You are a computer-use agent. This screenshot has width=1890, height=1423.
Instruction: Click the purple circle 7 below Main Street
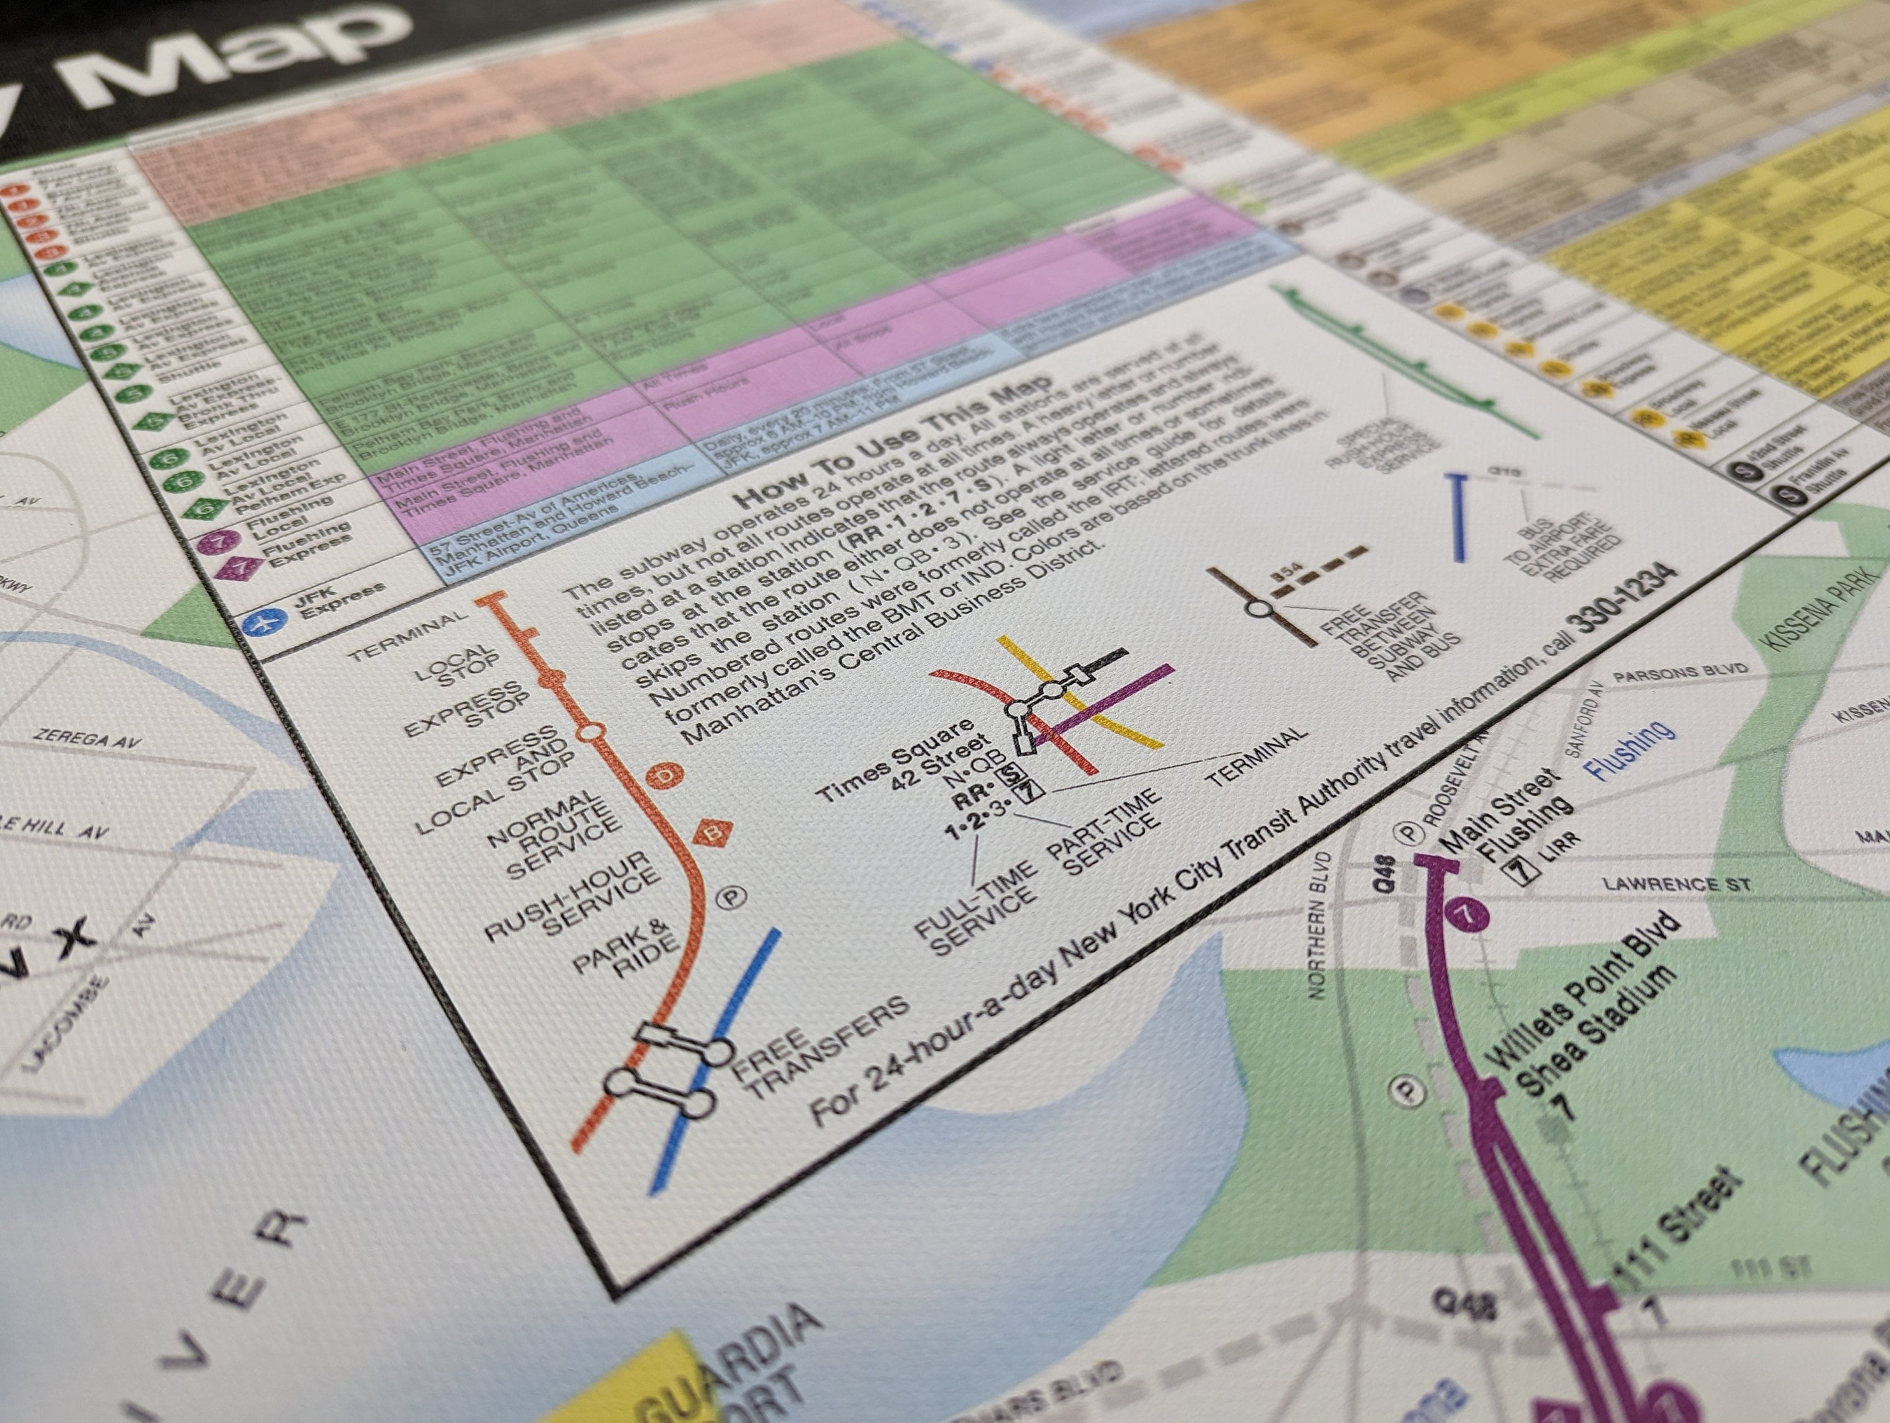coord(1469,915)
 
